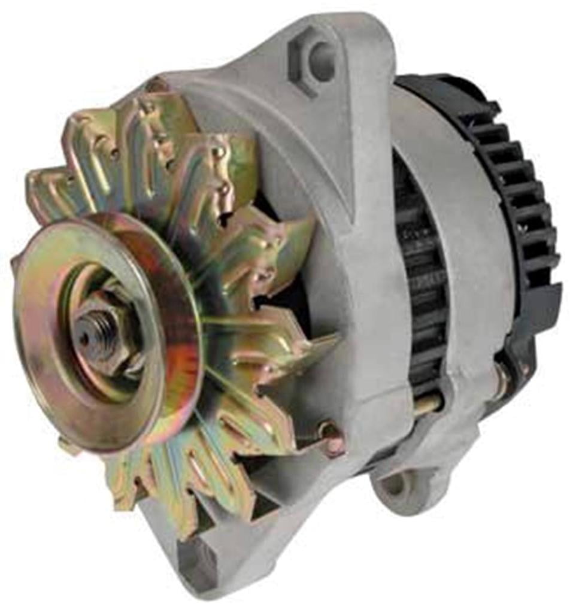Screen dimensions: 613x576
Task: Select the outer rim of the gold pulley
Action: (x=36, y=383)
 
